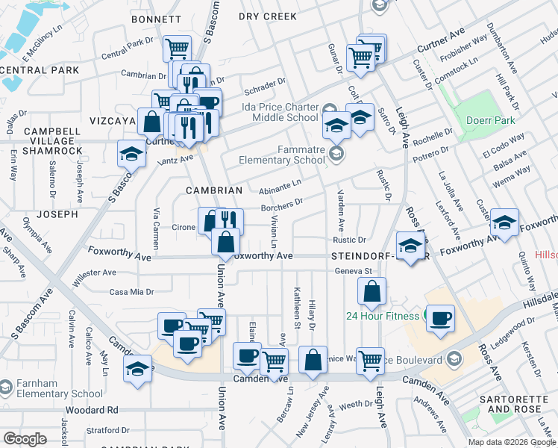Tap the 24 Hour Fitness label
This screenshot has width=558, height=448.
pyautogui.click(x=383, y=316)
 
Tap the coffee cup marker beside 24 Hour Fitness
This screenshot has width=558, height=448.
pyautogui.click(x=440, y=317)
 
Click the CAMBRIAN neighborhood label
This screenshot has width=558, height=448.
pyautogui.click(x=214, y=190)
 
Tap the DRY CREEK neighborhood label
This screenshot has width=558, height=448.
pyautogui.click(x=269, y=16)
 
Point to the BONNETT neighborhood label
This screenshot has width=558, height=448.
pyautogui.click(x=156, y=19)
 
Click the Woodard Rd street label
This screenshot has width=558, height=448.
pyautogui.click(x=92, y=410)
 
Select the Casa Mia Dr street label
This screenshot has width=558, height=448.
pyautogui.click(x=131, y=292)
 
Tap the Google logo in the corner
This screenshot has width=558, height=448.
pyautogui.click(x=25, y=438)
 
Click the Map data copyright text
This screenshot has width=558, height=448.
pyautogui.click(x=512, y=442)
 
